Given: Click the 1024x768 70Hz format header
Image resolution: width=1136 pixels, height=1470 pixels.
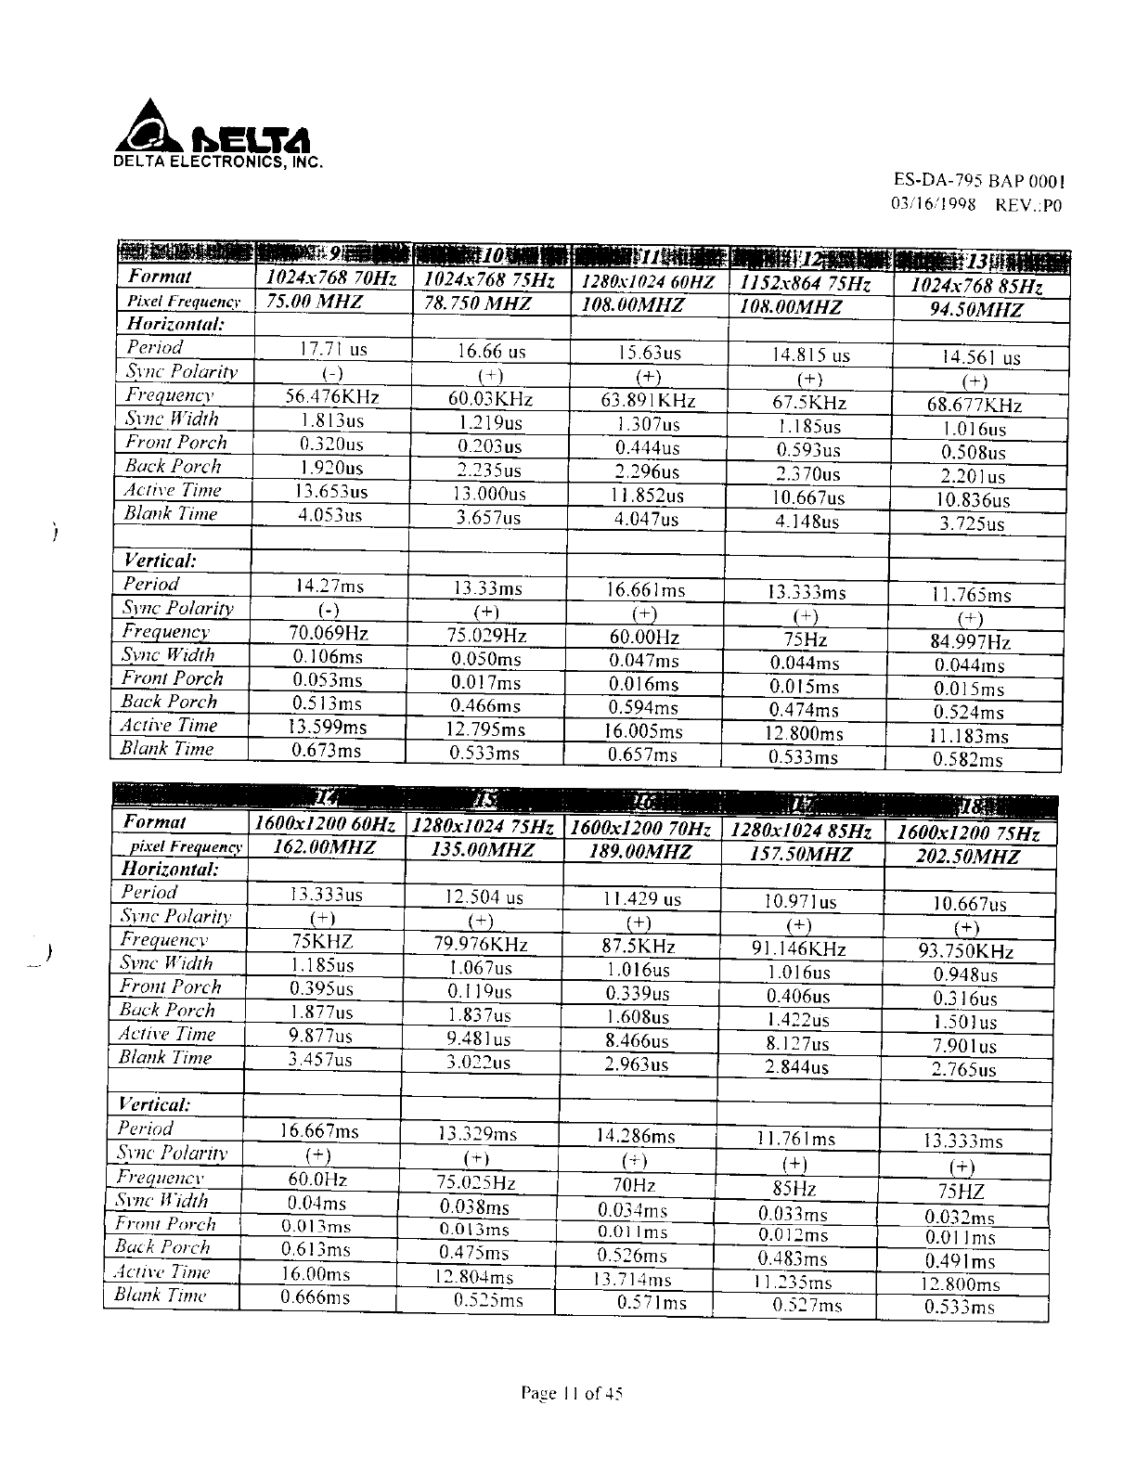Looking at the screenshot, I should coord(331,277).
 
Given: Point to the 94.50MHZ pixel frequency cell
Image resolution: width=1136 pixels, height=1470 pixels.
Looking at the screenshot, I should coord(976,310).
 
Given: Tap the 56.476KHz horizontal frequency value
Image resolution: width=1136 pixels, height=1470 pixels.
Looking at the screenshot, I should coord(331,396).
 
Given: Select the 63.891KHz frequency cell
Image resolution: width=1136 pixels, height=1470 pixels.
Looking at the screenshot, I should coord(648,401).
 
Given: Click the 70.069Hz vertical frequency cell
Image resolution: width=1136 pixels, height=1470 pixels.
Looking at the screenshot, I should coord(329,634).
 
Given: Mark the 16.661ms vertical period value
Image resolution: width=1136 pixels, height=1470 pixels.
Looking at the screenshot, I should coord(646,590).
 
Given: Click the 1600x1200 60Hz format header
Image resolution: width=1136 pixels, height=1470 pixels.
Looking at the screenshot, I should coord(324,824).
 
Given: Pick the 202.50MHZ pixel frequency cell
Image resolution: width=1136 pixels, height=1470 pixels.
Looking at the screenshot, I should coord(968,856).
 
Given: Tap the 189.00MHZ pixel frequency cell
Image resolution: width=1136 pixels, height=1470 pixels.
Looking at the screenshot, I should coord(640,851).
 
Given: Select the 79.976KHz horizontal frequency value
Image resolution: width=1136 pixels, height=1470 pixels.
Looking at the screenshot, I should coord(480,944).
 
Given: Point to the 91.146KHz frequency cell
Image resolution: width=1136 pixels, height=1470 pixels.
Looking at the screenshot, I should coord(798,948).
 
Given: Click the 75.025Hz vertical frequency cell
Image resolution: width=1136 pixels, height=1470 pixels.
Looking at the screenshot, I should coord(475,1182).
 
